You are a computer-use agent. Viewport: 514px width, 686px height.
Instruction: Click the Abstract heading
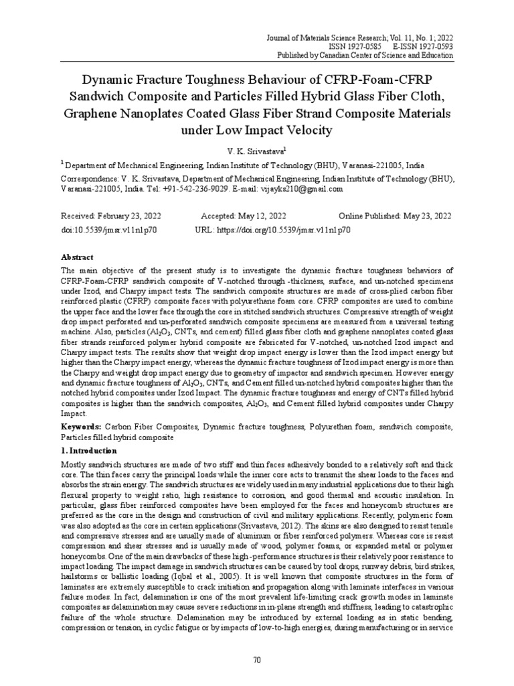(78, 257)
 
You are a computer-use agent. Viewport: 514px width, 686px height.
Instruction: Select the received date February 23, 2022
(131, 216)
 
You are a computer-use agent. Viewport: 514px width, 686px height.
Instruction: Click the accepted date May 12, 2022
(261, 216)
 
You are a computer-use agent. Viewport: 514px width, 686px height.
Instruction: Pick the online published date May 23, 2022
(422, 216)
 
